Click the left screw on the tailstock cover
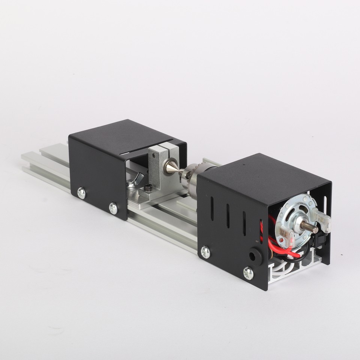(81, 193)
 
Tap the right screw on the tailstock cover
(113, 208)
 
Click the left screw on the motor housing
(205, 252)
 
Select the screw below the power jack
(248, 273)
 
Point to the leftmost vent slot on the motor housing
(212, 208)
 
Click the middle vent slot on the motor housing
(228, 216)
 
